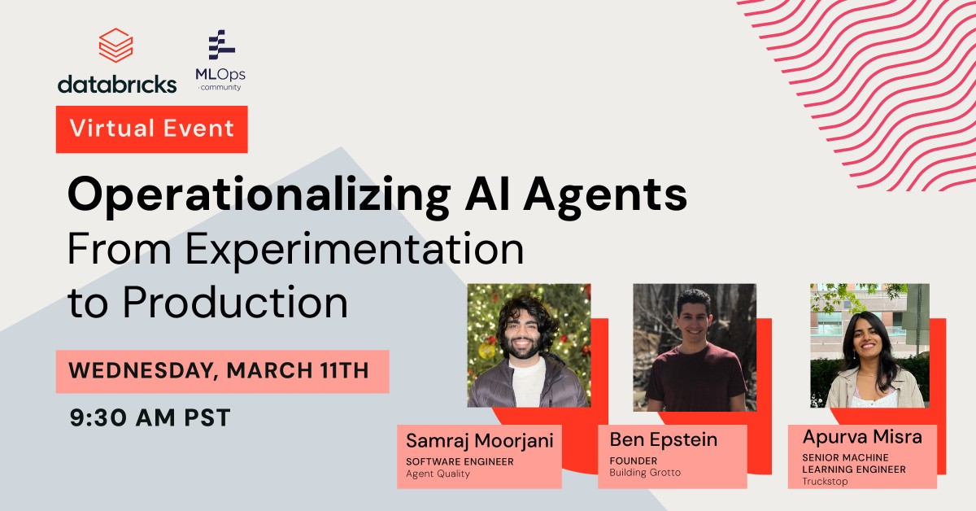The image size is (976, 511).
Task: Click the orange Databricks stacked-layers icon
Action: coord(115,46)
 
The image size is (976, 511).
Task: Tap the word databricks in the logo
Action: coord(116,83)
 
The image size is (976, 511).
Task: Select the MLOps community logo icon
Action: coord(220,46)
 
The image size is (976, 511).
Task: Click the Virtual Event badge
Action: coord(151,129)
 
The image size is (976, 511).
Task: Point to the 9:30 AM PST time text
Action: coord(150,418)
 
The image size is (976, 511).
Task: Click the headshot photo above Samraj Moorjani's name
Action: coord(529,345)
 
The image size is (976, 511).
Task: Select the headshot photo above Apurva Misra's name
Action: coord(869,345)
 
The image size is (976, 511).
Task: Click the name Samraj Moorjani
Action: coord(480,441)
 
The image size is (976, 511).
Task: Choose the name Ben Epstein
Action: coord(664,440)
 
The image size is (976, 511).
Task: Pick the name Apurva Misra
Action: coord(861,437)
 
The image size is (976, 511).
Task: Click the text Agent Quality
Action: coord(438,474)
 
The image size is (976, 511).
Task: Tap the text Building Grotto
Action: coord(645,473)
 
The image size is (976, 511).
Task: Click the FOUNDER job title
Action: coord(634,461)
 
